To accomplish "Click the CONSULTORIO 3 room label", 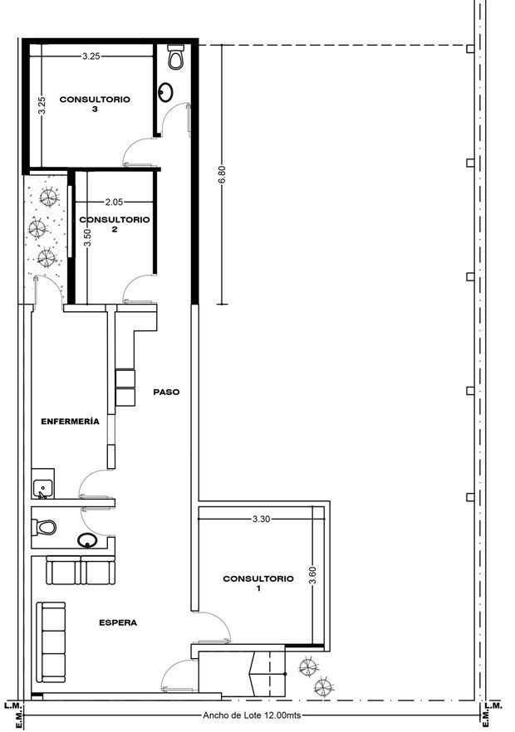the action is click(95, 104).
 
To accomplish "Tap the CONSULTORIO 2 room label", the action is click(115, 224).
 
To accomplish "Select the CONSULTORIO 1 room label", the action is click(258, 583).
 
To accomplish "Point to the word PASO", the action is click(166, 392).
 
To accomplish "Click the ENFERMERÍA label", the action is click(70, 421).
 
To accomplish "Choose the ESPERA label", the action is click(118, 622).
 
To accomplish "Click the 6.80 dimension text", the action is click(222, 174).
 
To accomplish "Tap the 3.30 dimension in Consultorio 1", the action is click(262, 519).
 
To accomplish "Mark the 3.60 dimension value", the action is click(312, 574).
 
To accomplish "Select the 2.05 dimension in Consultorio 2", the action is click(114, 203).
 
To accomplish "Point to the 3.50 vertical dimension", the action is click(88, 237).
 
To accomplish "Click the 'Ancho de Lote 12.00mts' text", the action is click(252, 715).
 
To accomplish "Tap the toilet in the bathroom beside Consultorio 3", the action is click(175, 57).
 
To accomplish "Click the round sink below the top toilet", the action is click(165, 92).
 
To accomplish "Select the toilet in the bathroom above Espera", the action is click(44, 528).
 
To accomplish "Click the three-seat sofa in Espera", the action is click(51, 643).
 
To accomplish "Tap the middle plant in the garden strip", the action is click(37, 228).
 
